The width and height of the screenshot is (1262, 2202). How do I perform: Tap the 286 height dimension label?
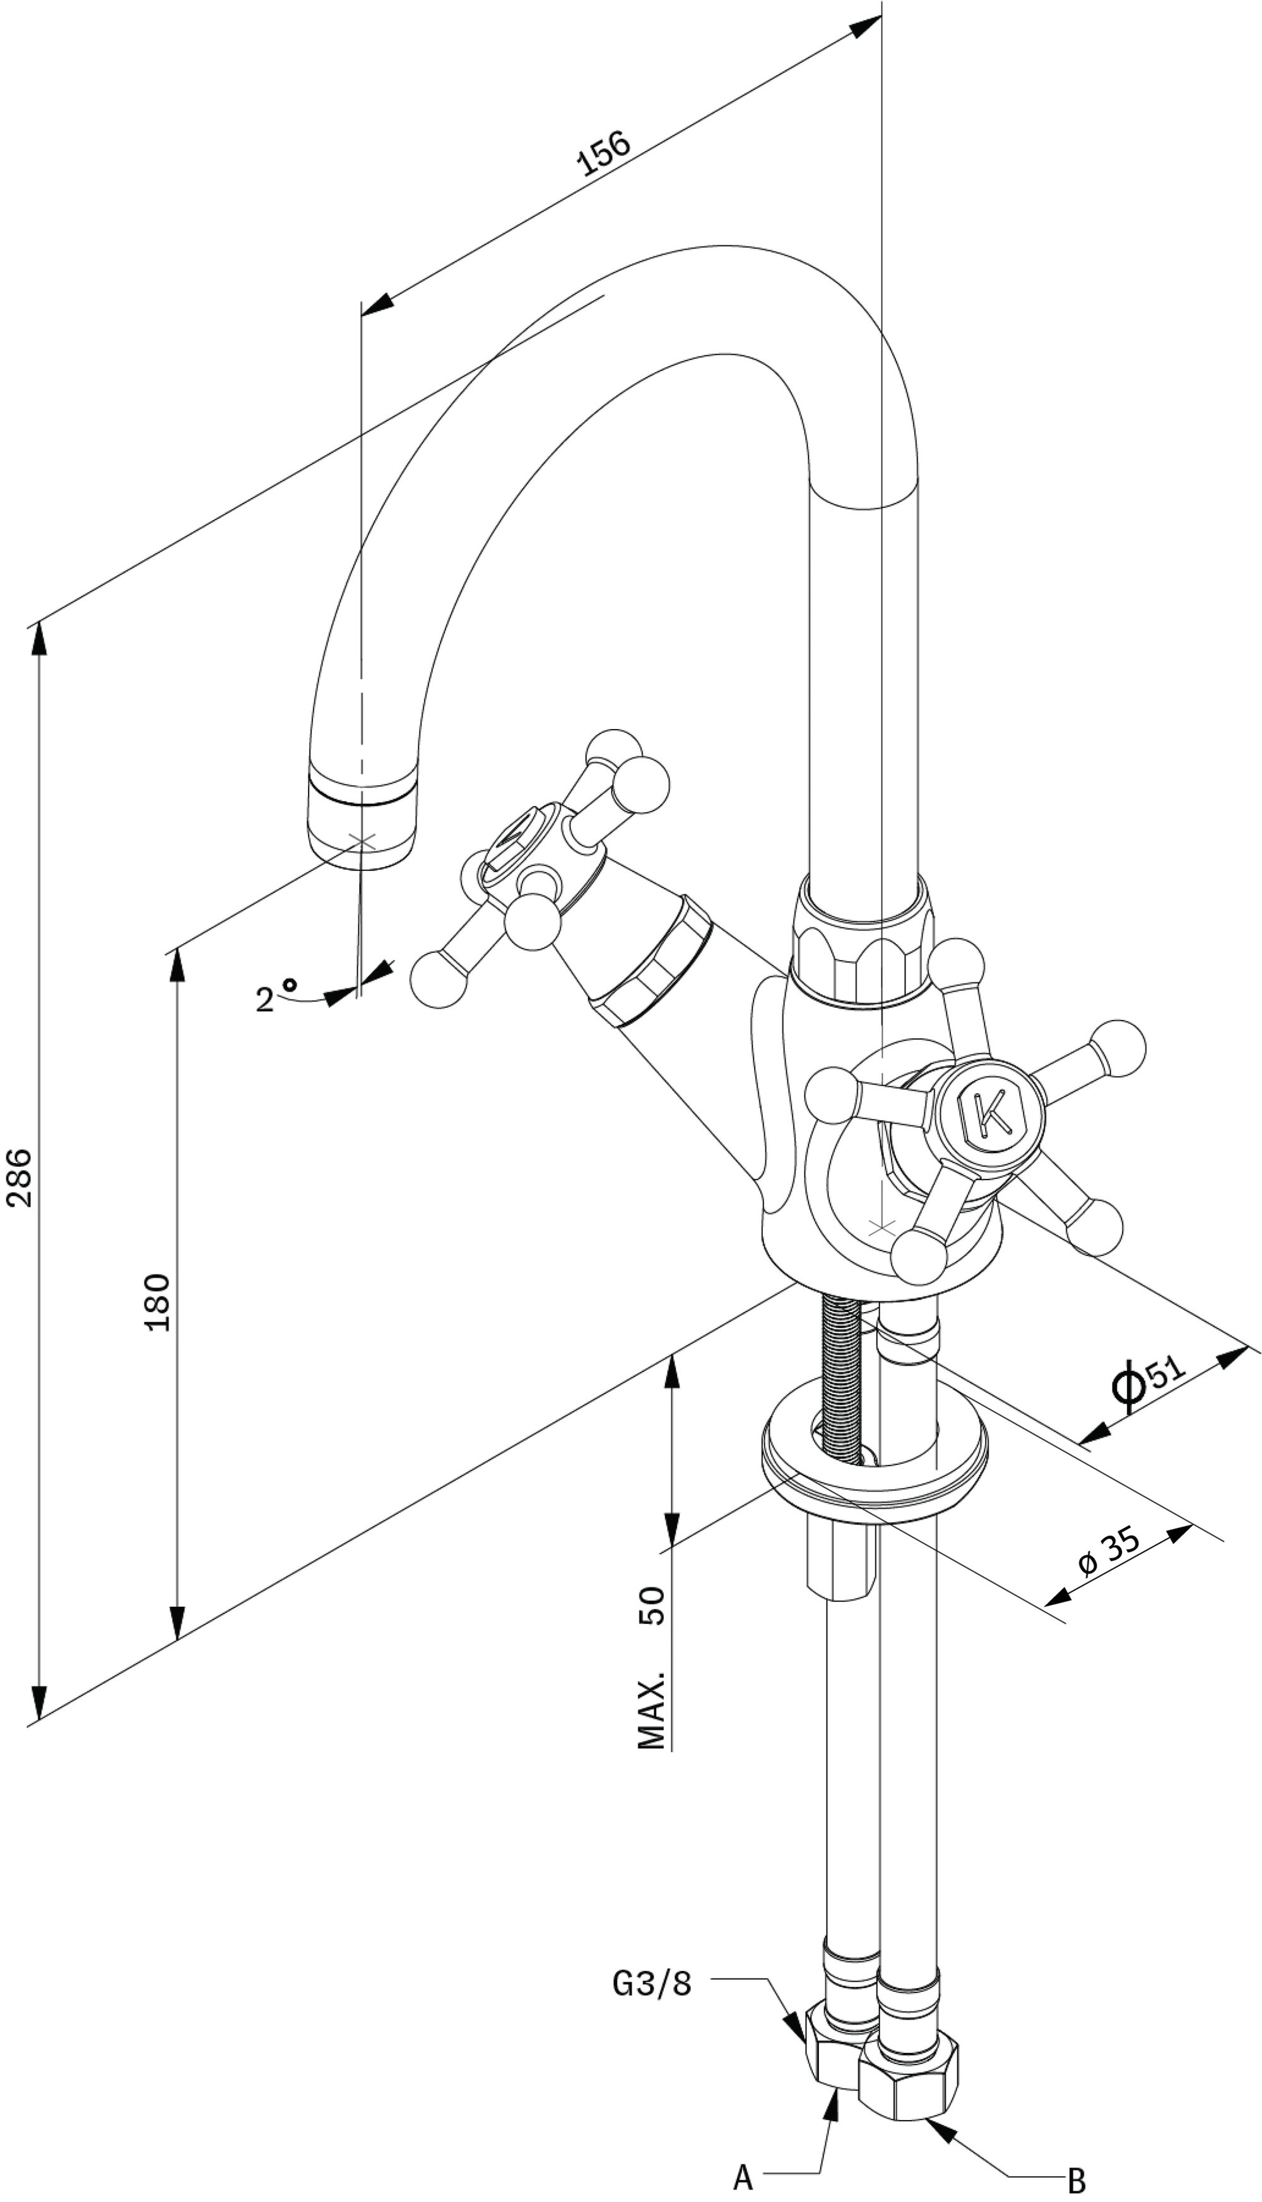click(18, 1176)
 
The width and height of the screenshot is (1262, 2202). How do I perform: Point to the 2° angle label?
click(276, 996)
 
